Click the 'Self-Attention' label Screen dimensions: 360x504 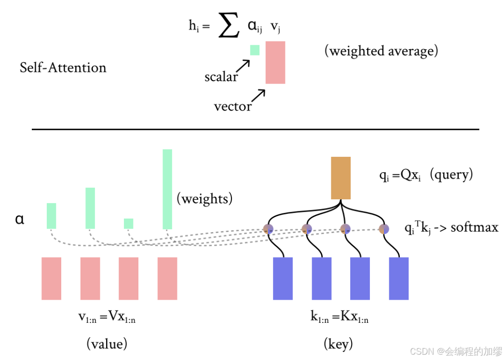(63, 68)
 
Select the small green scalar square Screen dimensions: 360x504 (254, 50)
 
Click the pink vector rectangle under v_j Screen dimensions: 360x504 (275, 62)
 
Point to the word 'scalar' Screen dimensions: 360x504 (221, 77)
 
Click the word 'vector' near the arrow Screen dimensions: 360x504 (232, 106)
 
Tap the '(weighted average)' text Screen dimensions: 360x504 (381, 51)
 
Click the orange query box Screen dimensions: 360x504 (341, 178)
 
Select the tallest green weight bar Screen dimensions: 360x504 (167, 189)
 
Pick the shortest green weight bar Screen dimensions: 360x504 (128, 223)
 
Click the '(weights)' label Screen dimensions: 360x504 (204, 198)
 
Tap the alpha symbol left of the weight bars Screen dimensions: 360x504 (20, 219)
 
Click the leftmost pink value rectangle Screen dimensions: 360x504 (51, 278)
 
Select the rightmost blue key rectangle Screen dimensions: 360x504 (399, 278)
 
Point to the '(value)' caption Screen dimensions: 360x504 (107, 343)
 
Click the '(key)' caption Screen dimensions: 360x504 (338, 343)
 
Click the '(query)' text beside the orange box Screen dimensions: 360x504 (452, 175)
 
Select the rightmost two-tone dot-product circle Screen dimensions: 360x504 (383, 229)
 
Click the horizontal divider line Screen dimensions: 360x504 (256, 129)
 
